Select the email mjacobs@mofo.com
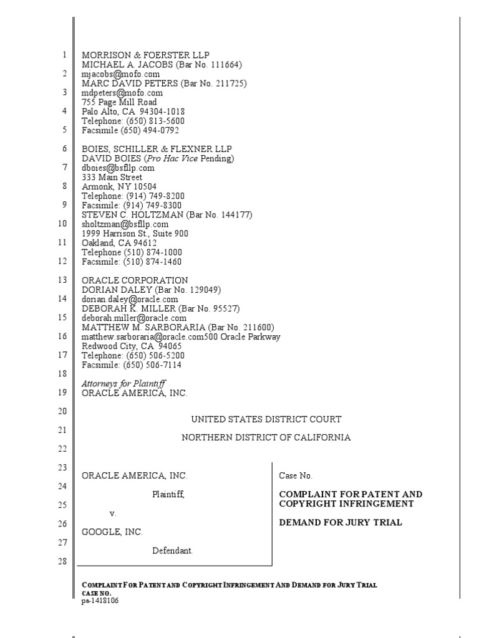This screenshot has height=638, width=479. tap(117, 74)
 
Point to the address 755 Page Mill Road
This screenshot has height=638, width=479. tap(119, 102)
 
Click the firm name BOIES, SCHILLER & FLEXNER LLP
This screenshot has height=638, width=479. tap(157, 149)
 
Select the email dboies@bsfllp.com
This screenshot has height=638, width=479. tap(118, 168)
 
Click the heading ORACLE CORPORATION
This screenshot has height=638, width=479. tap(135, 280)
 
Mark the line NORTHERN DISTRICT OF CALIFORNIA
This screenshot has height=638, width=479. tap(266, 437)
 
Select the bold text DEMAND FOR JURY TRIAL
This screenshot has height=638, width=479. tap(340, 522)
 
